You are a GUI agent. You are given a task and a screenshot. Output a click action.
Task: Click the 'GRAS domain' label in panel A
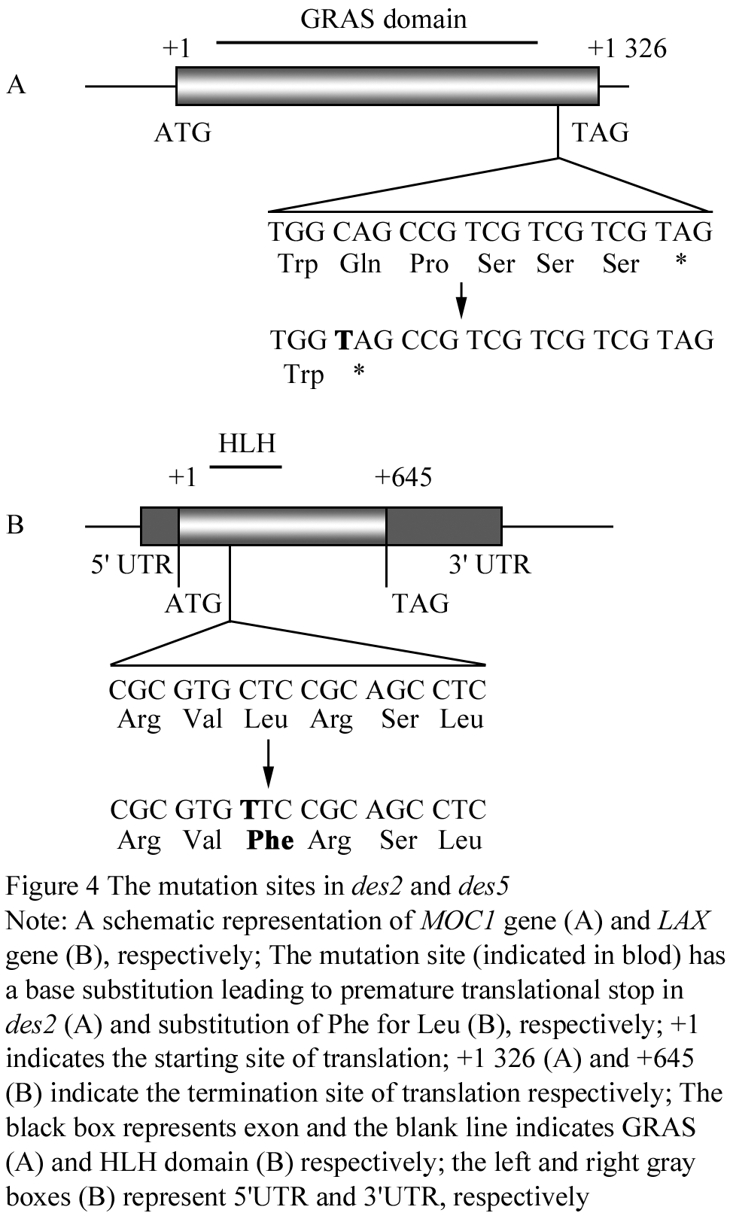click(383, 20)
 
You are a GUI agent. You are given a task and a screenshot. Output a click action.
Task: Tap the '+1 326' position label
click(627, 48)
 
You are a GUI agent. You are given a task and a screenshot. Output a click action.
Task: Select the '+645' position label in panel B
click(403, 477)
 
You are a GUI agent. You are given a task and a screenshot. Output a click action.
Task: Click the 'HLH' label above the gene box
click(247, 443)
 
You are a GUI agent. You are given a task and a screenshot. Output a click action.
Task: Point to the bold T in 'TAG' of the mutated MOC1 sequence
click(344, 340)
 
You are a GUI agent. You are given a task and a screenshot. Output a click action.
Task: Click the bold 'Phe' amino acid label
click(270, 840)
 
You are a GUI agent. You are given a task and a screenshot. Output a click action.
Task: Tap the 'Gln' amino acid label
click(360, 264)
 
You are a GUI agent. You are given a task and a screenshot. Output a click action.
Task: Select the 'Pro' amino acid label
click(429, 264)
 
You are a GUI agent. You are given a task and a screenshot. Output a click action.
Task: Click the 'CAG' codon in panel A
click(362, 232)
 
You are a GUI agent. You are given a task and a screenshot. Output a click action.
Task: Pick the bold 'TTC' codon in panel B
click(266, 810)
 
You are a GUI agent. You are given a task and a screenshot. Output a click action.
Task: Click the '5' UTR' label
click(131, 564)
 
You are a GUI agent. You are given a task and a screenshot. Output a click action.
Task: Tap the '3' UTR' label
click(489, 564)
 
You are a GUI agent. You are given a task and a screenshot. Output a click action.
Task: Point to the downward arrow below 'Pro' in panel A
click(461, 299)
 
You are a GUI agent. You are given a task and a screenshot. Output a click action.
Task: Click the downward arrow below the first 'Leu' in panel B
click(268, 763)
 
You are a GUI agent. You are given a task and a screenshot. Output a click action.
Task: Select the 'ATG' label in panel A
click(182, 132)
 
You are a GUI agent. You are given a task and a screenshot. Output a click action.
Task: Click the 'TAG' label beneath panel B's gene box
click(421, 603)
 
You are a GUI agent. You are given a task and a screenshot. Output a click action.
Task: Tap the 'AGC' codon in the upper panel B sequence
click(395, 690)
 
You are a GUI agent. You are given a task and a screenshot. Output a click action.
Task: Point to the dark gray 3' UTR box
click(444, 526)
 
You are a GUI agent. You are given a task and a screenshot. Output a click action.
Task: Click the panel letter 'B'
click(15, 524)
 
